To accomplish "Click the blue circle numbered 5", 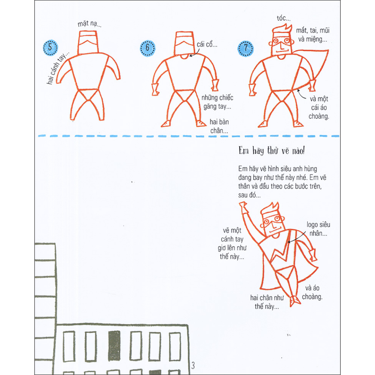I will (51, 48).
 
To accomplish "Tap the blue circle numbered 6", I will (148, 48).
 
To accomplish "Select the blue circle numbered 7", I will (245, 48).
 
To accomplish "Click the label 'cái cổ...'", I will (207, 45).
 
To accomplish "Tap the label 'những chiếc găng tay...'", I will (217, 103).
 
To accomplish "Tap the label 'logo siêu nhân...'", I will (318, 228).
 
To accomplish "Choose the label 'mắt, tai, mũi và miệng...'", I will (313, 35).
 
